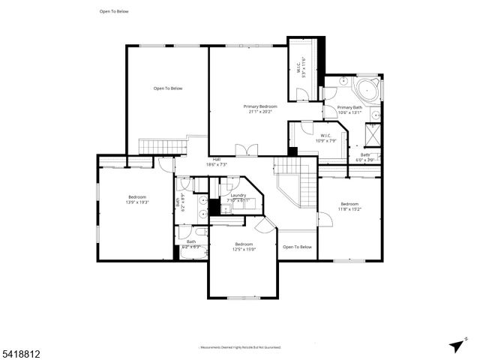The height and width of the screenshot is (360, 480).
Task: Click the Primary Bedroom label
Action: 259,106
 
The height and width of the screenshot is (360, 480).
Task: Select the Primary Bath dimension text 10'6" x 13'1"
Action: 349,113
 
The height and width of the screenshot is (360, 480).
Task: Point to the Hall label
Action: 216,159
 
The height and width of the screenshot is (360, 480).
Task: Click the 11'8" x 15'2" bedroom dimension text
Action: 350,209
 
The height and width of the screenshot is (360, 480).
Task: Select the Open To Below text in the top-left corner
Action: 113,11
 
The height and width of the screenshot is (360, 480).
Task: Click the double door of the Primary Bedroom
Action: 247,151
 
